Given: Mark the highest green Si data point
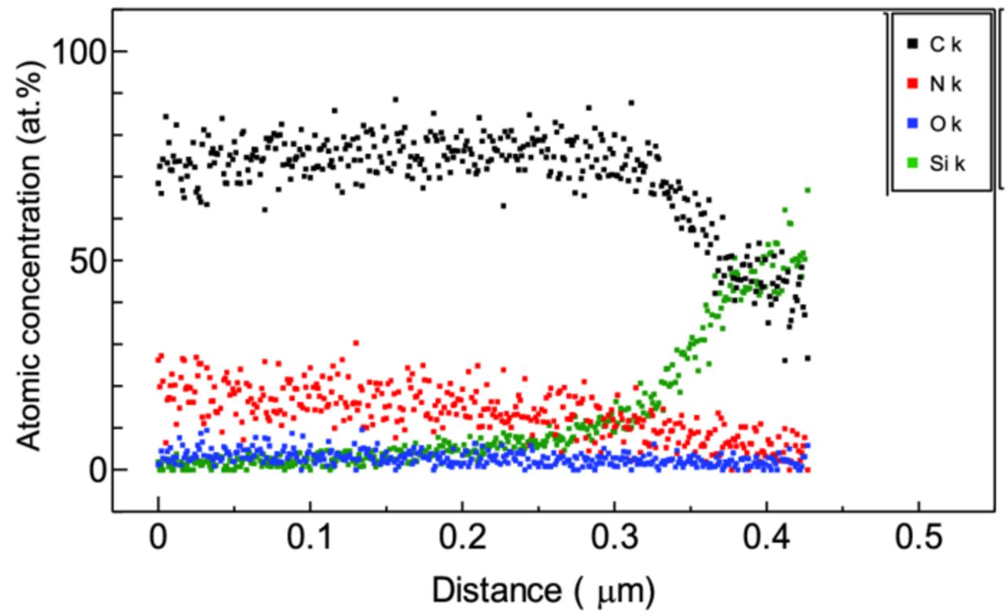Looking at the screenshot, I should [807, 190].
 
